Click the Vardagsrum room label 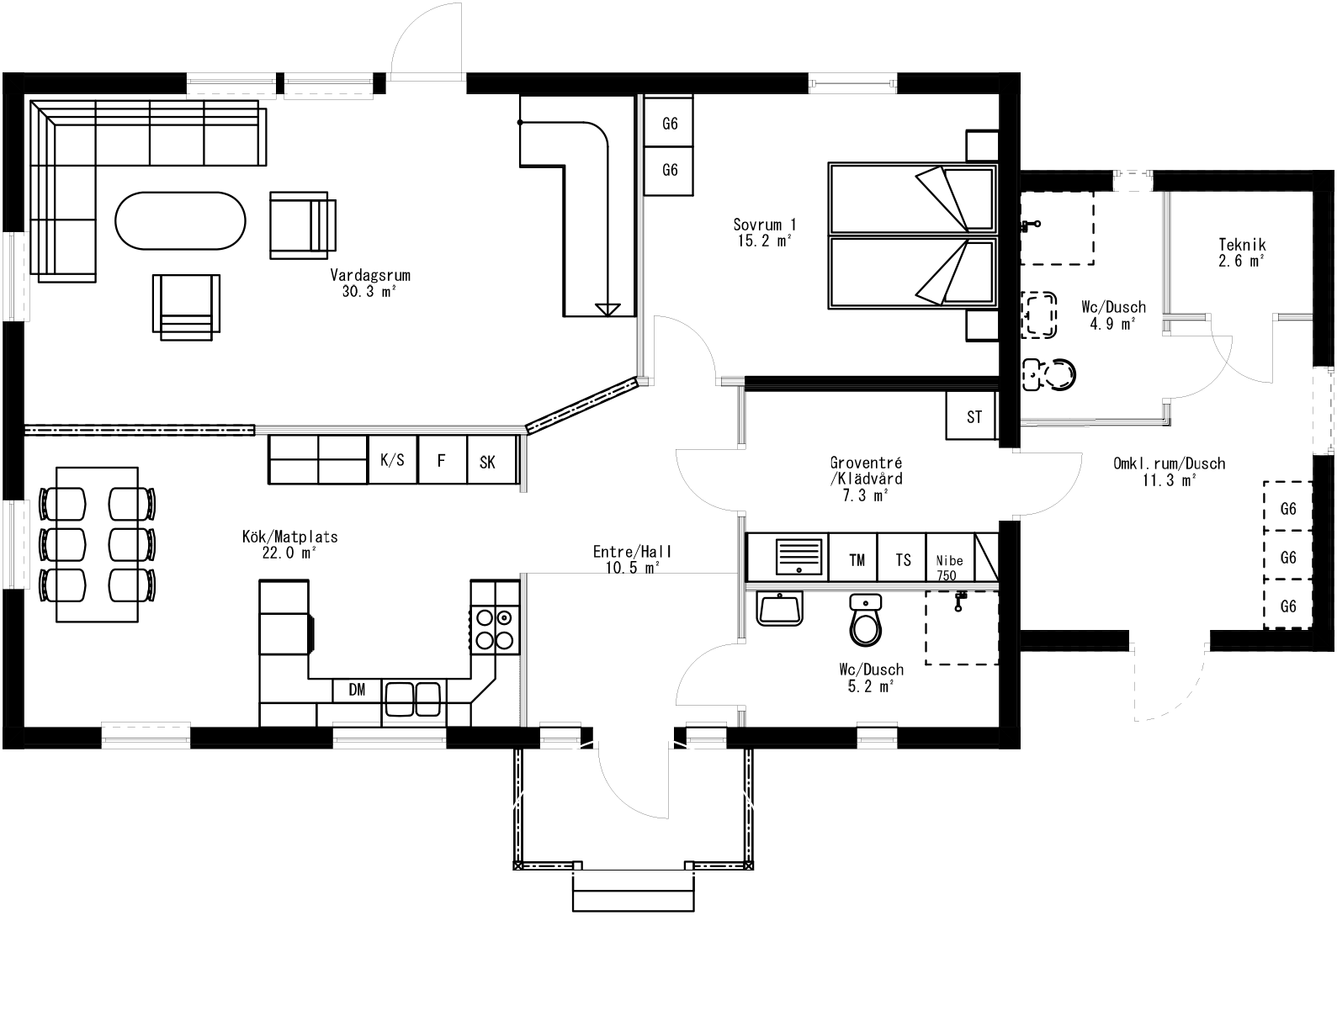pyautogui.click(x=370, y=275)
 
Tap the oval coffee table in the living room pyautogui.click(x=180, y=221)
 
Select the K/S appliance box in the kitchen pyautogui.click(x=392, y=460)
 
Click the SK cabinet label pyautogui.click(x=488, y=462)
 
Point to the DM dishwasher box pyautogui.click(x=358, y=690)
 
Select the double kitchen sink pyautogui.click(x=413, y=698)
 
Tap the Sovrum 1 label pyautogui.click(x=764, y=225)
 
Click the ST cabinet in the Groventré pyautogui.click(x=974, y=416)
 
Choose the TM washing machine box pyautogui.click(x=857, y=559)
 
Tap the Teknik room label pyautogui.click(x=1242, y=246)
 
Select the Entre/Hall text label pyautogui.click(x=633, y=553)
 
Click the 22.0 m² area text pyautogui.click(x=289, y=553)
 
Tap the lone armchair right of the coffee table pyautogui.click(x=302, y=224)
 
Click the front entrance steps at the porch pyautogui.click(x=634, y=891)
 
